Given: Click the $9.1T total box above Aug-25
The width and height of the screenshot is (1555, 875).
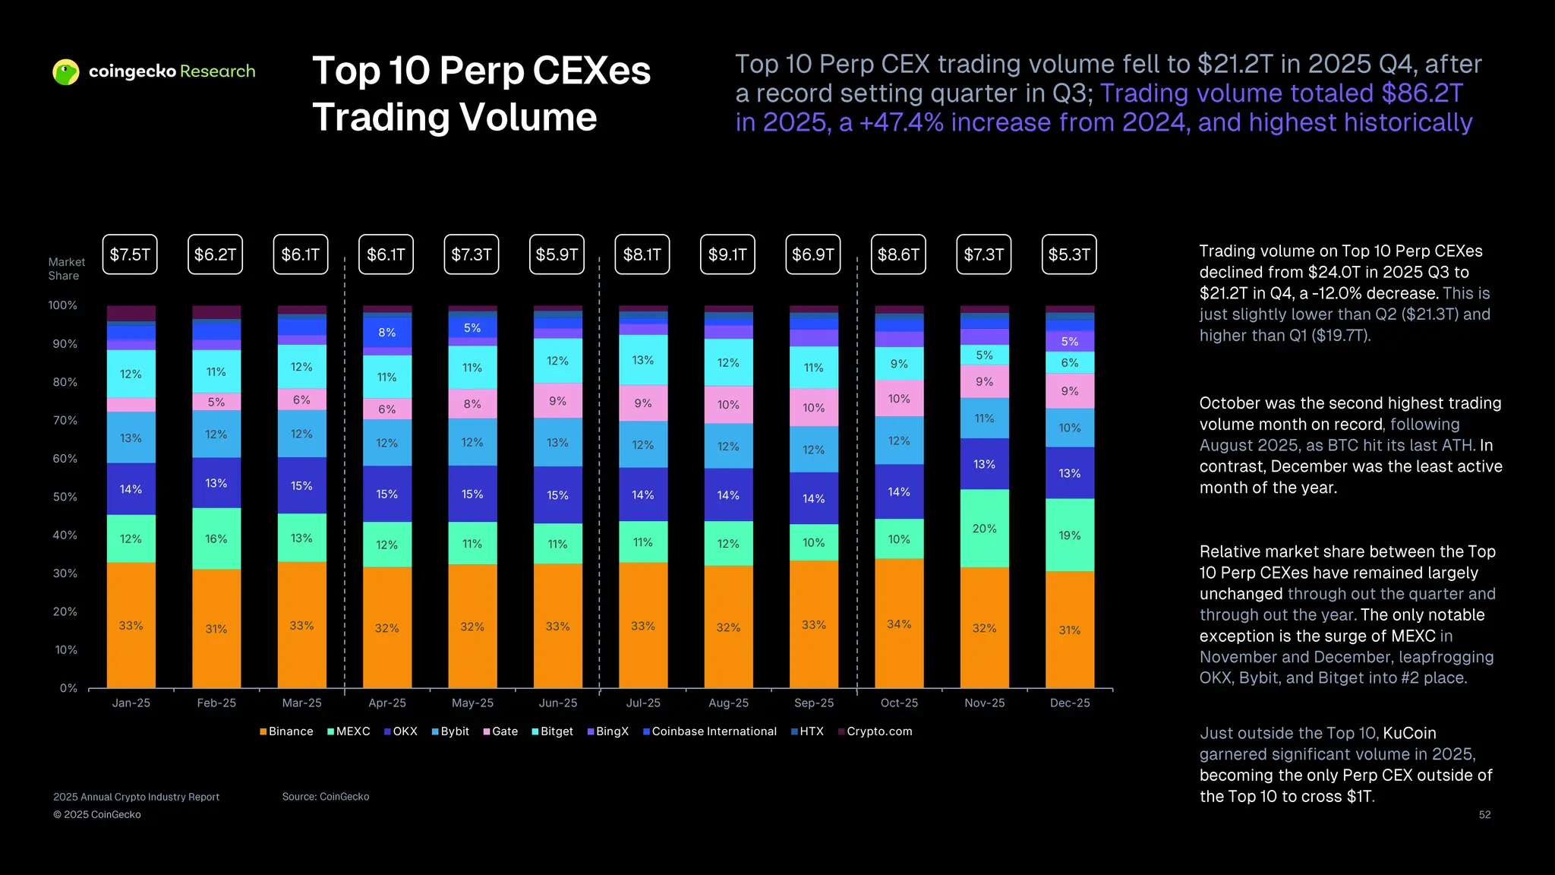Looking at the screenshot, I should tap(727, 254).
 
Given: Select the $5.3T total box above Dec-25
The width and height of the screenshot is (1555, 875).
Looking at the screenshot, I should tap(1069, 254).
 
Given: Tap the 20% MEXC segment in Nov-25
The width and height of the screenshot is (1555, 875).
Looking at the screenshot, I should tap(984, 529).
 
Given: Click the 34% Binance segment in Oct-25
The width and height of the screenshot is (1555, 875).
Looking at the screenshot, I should tap(899, 624).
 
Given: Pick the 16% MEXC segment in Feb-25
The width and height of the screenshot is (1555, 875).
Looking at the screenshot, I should tap(216, 539).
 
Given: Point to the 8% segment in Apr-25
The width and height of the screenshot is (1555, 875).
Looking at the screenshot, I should tap(387, 333).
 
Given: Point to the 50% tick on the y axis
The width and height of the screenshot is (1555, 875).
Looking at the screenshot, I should tap(65, 497).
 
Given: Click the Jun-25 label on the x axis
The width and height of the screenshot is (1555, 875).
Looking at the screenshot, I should tap(557, 703).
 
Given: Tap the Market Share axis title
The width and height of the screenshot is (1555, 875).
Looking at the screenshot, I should tap(66, 269).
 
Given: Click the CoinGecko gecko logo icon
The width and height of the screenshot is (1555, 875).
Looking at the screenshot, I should tap(66, 72).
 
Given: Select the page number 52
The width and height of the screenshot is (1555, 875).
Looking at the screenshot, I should tap(1484, 815).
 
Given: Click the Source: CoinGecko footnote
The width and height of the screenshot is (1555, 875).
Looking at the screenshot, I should tap(326, 797).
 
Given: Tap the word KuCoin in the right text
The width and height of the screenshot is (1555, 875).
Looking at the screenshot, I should tap(1409, 733).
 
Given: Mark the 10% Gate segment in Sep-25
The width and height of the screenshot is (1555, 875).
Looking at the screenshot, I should tap(813, 408).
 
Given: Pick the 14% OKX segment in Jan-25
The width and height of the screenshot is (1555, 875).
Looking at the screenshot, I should tap(131, 489).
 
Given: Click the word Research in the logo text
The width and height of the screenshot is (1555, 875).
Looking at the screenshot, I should tap(218, 71).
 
